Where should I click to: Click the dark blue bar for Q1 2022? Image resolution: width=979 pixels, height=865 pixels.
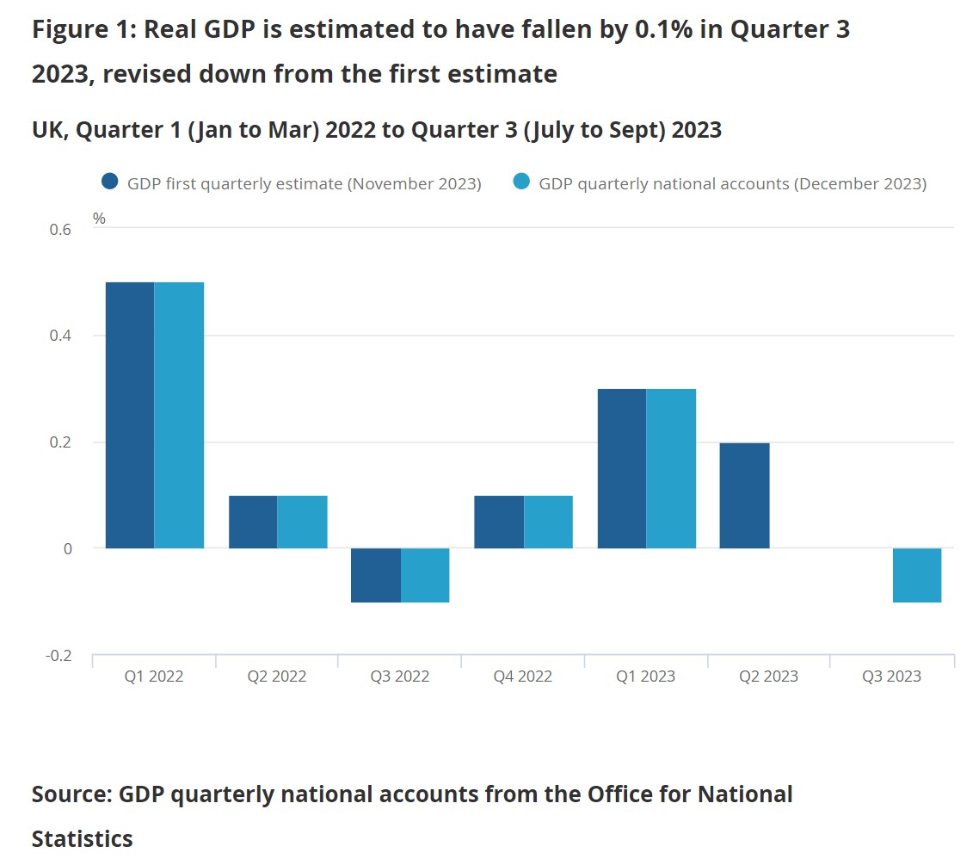click(130, 415)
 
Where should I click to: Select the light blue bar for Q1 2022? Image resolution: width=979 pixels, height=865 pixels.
click(179, 415)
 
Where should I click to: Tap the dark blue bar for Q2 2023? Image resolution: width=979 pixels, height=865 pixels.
click(744, 496)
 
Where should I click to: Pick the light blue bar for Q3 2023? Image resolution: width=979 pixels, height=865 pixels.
click(917, 575)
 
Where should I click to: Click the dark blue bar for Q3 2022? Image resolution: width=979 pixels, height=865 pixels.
click(376, 575)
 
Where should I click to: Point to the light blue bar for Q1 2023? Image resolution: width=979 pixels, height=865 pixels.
click(671, 468)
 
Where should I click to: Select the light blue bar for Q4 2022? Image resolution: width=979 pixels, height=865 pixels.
click(548, 522)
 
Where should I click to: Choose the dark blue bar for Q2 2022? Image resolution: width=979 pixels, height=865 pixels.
click(253, 522)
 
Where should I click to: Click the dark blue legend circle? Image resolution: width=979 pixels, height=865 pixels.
click(109, 182)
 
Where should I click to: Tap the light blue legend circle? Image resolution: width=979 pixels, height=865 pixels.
click(520, 182)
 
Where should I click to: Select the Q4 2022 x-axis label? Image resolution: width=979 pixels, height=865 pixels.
click(522, 677)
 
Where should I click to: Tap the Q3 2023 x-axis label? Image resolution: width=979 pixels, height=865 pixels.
click(891, 677)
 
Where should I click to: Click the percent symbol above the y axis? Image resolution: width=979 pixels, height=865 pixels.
click(99, 219)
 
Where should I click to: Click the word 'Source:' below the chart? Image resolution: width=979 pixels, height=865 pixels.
click(72, 794)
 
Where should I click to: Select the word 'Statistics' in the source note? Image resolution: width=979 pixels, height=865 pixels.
click(83, 838)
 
